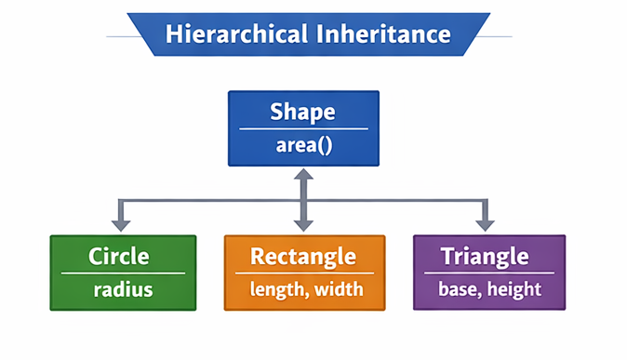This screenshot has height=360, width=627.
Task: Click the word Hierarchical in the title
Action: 223,35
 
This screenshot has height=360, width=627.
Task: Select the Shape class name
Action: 302,113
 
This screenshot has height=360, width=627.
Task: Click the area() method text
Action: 303,146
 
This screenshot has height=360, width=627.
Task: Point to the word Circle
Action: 119,256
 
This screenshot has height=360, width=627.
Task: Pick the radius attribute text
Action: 123,289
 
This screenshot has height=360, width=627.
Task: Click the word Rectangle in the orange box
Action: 303,256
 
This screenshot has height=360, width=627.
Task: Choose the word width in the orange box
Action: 338,289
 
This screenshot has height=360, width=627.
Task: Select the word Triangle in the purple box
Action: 485,256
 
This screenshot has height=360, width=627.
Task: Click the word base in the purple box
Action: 457,289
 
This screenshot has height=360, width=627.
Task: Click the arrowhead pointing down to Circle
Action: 119,224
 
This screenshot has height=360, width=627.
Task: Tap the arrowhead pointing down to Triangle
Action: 485,224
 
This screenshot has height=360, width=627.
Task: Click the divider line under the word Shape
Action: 303,129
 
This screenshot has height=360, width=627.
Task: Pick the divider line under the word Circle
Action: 123,273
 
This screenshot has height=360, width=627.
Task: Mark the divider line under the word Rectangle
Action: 304,273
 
